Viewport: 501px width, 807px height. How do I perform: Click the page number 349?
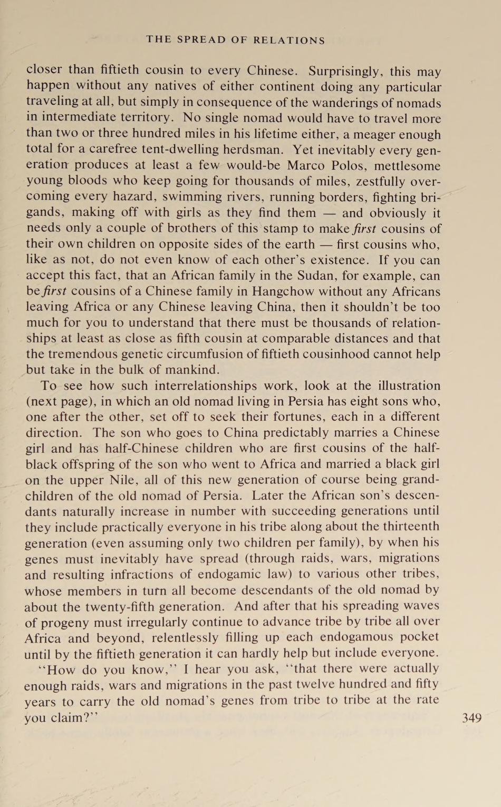click(471, 717)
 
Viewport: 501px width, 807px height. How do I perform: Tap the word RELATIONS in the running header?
click(289, 40)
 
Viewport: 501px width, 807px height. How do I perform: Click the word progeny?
click(63, 622)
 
